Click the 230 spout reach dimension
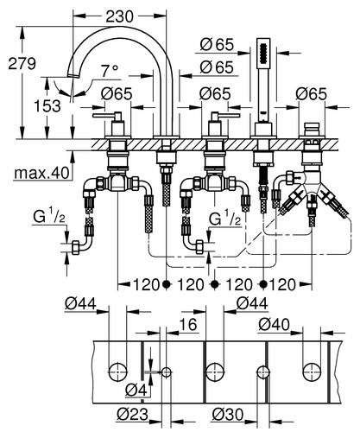[x=119, y=16]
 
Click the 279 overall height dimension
[x=22, y=63]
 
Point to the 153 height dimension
[x=47, y=105]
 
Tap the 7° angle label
[x=110, y=71]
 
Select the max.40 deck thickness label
[x=41, y=173]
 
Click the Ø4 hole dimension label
[x=136, y=391]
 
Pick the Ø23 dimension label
[x=133, y=415]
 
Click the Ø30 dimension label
[x=228, y=415]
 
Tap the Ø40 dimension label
[x=274, y=325]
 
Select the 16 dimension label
[x=188, y=325]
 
